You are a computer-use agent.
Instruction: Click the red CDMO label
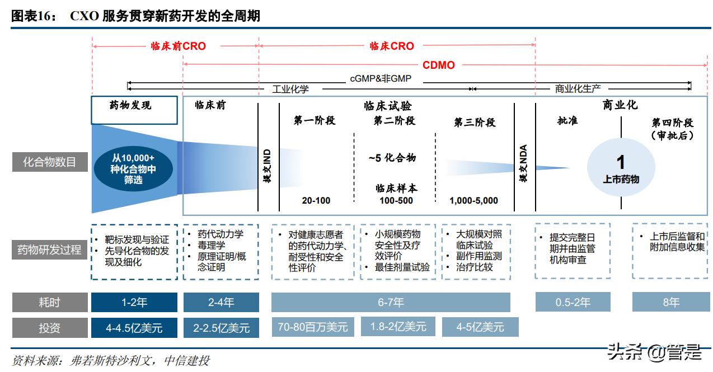pyautogui.click(x=438, y=65)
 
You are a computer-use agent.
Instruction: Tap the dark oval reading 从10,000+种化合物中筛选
pyautogui.click(x=133, y=168)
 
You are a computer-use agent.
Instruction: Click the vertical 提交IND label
pyautogui.click(x=268, y=166)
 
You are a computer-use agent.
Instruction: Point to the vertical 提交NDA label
pyautogui.click(x=524, y=164)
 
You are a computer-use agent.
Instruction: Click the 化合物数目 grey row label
pyautogui.click(x=49, y=163)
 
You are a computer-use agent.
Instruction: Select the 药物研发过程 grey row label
pyautogui.click(x=49, y=249)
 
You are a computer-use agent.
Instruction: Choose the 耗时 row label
pyautogui.click(x=49, y=302)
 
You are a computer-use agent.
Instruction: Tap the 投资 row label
pyautogui.click(x=49, y=328)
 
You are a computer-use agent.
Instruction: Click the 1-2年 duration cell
pyautogui.click(x=134, y=302)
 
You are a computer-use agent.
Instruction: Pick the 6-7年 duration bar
pyautogui.click(x=391, y=302)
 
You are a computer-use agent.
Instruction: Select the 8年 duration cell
pyautogui.click(x=671, y=302)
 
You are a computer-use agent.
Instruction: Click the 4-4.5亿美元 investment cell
pyautogui.click(x=134, y=328)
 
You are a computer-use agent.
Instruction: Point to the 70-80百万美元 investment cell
pyautogui.click(x=313, y=327)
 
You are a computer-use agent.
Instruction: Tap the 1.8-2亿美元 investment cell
pyautogui.click(x=398, y=327)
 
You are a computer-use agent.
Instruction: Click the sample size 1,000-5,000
pyautogui.click(x=473, y=201)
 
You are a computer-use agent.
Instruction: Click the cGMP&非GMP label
pyautogui.click(x=381, y=79)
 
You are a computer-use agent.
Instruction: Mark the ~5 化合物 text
pyautogui.click(x=392, y=158)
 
